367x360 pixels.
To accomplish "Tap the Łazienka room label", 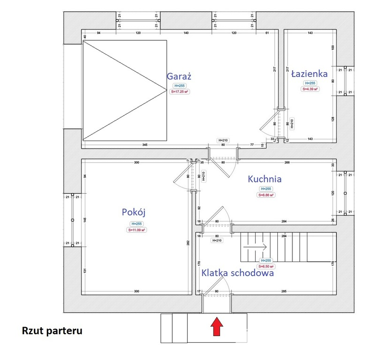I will [x=309, y=74].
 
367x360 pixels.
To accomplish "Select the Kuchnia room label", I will [x=265, y=179].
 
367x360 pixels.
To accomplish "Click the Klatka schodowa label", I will [x=237, y=273].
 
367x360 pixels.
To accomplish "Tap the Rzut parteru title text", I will [x=52, y=331].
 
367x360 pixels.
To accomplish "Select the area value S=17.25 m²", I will [x=180, y=92].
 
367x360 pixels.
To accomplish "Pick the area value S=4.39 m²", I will [x=310, y=89].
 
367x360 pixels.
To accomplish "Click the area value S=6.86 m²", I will [x=265, y=195].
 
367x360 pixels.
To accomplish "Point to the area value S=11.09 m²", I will [x=137, y=230].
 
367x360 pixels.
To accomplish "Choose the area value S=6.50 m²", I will [x=266, y=266].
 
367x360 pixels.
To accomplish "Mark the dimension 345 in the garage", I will [x=145, y=145].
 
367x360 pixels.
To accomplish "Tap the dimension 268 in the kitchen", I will [x=287, y=163].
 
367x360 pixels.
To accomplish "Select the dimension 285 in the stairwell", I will [x=284, y=292].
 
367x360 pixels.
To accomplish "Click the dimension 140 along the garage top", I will [x=186, y=33].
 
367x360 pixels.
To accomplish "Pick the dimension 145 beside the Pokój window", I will [x=84, y=219].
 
